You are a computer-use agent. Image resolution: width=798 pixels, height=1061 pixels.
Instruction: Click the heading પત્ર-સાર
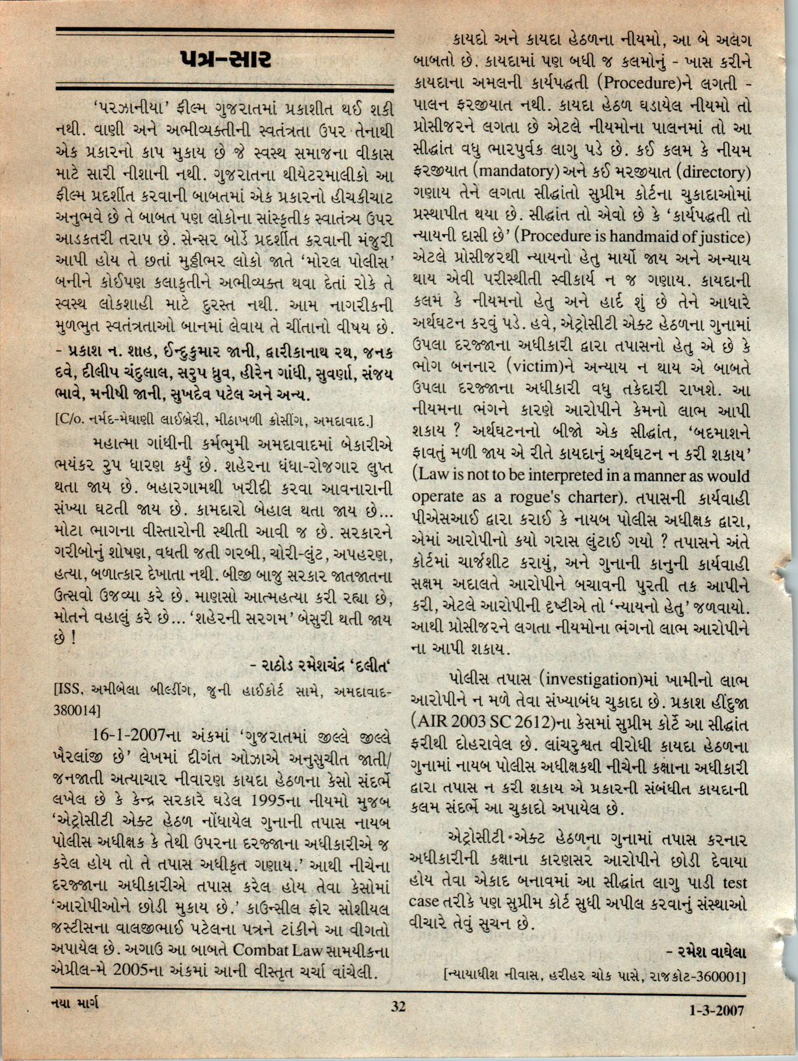pyautogui.click(x=225, y=60)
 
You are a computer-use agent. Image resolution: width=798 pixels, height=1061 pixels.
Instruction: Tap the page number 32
pyautogui.click(x=398, y=1006)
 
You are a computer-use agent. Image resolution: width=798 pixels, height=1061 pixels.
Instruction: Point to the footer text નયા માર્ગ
pyautogui.click(x=74, y=1004)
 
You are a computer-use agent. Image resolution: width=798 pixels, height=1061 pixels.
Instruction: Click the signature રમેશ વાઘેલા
pyautogui.click(x=706, y=953)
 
